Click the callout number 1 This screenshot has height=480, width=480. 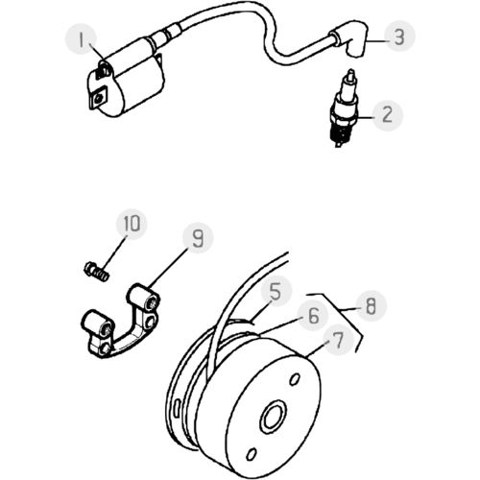tap(81, 40)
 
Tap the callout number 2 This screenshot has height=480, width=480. tap(388, 115)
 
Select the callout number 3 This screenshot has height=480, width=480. tap(399, 36)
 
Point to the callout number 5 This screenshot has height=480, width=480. tap(276, 292)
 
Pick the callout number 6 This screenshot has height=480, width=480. tap(313, 315)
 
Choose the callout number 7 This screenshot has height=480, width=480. tap(338, 340)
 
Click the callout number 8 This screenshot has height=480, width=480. tap(371, 306)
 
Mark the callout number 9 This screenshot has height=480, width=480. tap(198, 238)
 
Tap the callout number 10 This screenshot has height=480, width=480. tap(132, 223)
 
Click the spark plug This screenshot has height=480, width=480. tap(344, 108)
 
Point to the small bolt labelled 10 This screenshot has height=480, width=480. tap(96, 272)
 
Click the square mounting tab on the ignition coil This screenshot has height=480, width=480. tap(100, 98)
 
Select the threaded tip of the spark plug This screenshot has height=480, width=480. tap(339, 134)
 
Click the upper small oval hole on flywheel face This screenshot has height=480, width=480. tap(295, 379)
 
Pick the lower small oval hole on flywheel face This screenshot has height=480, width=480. tap(252, 454)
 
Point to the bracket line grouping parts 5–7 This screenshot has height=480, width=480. tap(340, 310)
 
